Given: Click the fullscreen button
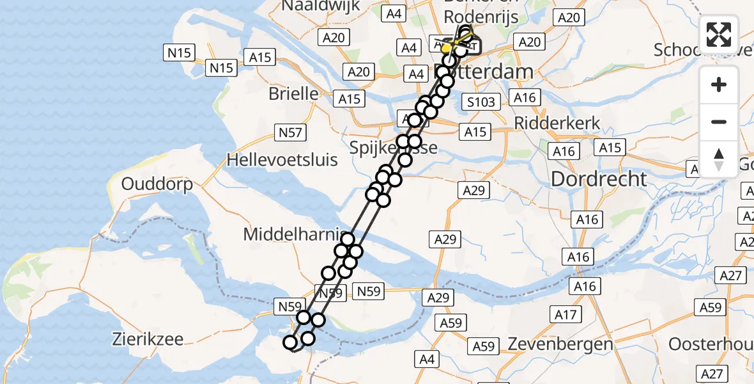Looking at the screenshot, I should [719, 34].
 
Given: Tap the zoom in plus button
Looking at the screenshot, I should [719, 84].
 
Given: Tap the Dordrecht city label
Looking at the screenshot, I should [599, 179].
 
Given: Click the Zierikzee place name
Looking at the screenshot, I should [148, 339].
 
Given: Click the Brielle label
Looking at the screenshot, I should [293, 93].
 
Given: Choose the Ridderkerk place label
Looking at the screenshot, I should [557, 123].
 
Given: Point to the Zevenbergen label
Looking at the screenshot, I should [560, 344].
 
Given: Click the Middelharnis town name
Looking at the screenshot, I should [294, 234].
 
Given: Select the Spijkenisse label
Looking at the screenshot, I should [394, 148].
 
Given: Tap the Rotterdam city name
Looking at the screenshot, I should [492, 71].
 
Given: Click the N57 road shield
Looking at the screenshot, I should [291, 132].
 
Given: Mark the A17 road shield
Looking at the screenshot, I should [565, 314].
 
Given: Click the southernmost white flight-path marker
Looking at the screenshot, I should [291, 343].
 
